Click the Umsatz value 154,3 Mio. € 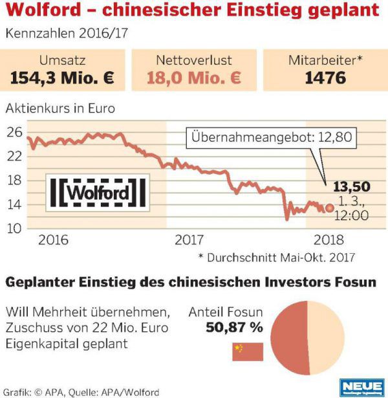(x=63, y=78)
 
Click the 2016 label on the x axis (x=53, y=240)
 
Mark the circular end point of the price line (x=330, y=208)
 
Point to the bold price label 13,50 (x=350, y=187)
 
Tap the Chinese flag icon (x=247, y=351)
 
